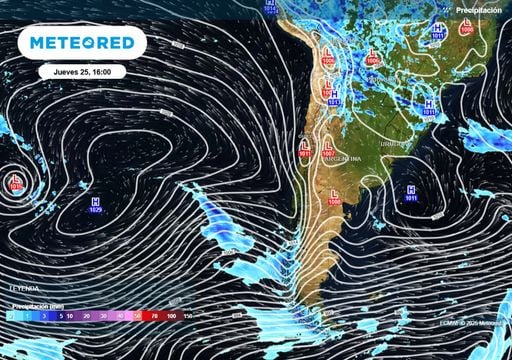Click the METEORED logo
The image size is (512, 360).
(x=81, y=43)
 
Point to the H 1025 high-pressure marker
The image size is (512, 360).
(x=94, y=205)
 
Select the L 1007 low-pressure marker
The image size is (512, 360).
(x=328, y=150)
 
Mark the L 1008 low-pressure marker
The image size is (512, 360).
(x=334, y=198)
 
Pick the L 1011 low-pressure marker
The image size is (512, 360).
(x=304, y=150)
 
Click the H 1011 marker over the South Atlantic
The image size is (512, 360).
(x=411, y=193)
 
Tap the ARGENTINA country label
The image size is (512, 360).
(x=343, y=161)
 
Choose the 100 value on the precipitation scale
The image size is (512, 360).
(x=172, y=316)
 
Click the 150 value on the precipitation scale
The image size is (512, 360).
(x=187, y=316)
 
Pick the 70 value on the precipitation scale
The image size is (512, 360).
(x=154, y=316)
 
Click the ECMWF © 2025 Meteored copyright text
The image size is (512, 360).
(x=474, y=323)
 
